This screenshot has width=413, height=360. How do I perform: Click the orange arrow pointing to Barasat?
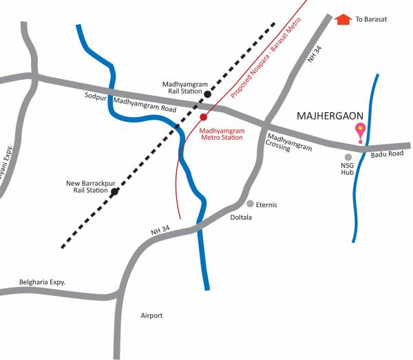pyautogui.click(x=343, y=19)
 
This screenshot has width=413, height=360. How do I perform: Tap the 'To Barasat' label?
pyautogui.click(x=371, y=20)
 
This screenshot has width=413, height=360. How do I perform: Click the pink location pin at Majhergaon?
pyautogui.click(x=359, y=130)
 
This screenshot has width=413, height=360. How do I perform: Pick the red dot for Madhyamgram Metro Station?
pyautogui.click(x=204, y=117)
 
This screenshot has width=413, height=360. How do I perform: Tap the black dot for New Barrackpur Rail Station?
pyautogui.click(x=115, y=191)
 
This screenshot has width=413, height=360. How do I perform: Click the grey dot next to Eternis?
pyautogui.click(x=250, y=204)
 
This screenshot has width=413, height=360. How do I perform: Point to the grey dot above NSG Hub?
pyautogui.click(x=348, y=157)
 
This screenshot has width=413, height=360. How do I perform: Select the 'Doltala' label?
pyautogui.click(x=240, y=218)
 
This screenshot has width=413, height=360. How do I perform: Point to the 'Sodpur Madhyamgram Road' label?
pyautogui.click(x=131, y=102)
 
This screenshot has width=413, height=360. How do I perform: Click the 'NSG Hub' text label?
pyautogui.click(x=348, y=169)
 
